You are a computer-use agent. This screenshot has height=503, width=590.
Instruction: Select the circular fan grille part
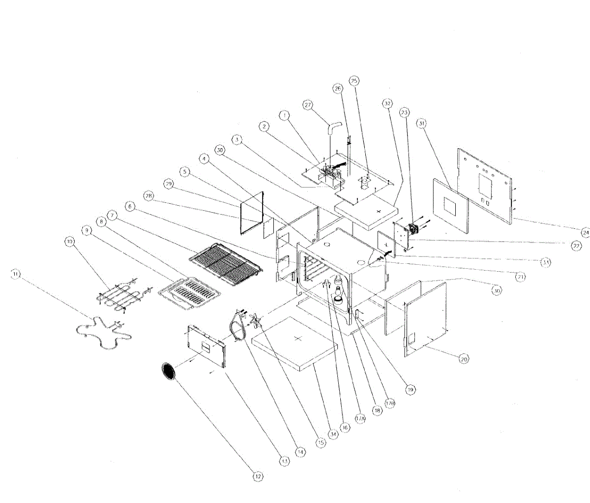(x=169, y=371)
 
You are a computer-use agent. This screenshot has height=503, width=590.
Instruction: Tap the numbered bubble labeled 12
(x=258, y=476)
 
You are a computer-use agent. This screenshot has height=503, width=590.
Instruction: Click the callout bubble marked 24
(x=584, y=231)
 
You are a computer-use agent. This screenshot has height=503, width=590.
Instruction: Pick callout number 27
(x=308, y=105)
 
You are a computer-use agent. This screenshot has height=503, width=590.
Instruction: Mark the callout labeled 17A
(x=360, y=418)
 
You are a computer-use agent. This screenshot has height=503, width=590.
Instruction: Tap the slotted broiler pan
(x=189, y=294)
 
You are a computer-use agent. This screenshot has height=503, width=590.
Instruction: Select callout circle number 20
(x=464, y=359)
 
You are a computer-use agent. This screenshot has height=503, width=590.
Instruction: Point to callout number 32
(x=387, y=104)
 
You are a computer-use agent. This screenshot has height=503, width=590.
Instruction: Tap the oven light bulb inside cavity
(x=338, y=290)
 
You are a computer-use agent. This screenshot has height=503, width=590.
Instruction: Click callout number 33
(x=546, y=262)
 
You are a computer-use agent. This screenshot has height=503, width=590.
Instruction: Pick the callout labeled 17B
(x=390, y=403)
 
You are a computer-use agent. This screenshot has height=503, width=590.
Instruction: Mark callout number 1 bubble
(x=284, y=116)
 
